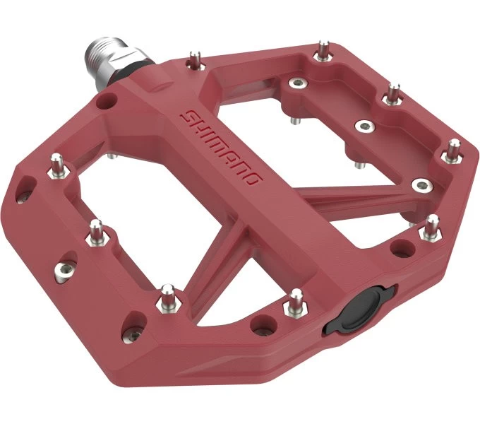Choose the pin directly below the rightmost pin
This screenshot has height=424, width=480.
430,228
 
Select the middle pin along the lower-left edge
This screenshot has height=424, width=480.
96,231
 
